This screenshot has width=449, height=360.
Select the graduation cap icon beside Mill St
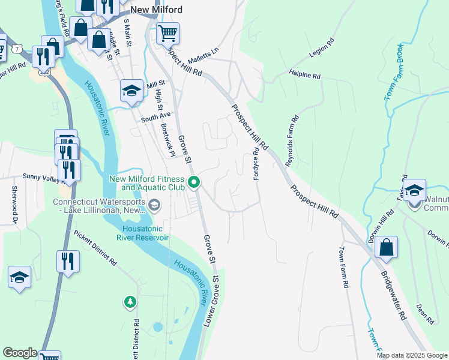coord(131,91)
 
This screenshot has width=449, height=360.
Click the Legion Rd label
coord(320,53)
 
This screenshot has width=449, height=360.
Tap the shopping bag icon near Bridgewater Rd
coord(386,247)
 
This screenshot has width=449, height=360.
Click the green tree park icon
coord(129,301)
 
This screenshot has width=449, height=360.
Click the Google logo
coord(20,353)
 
